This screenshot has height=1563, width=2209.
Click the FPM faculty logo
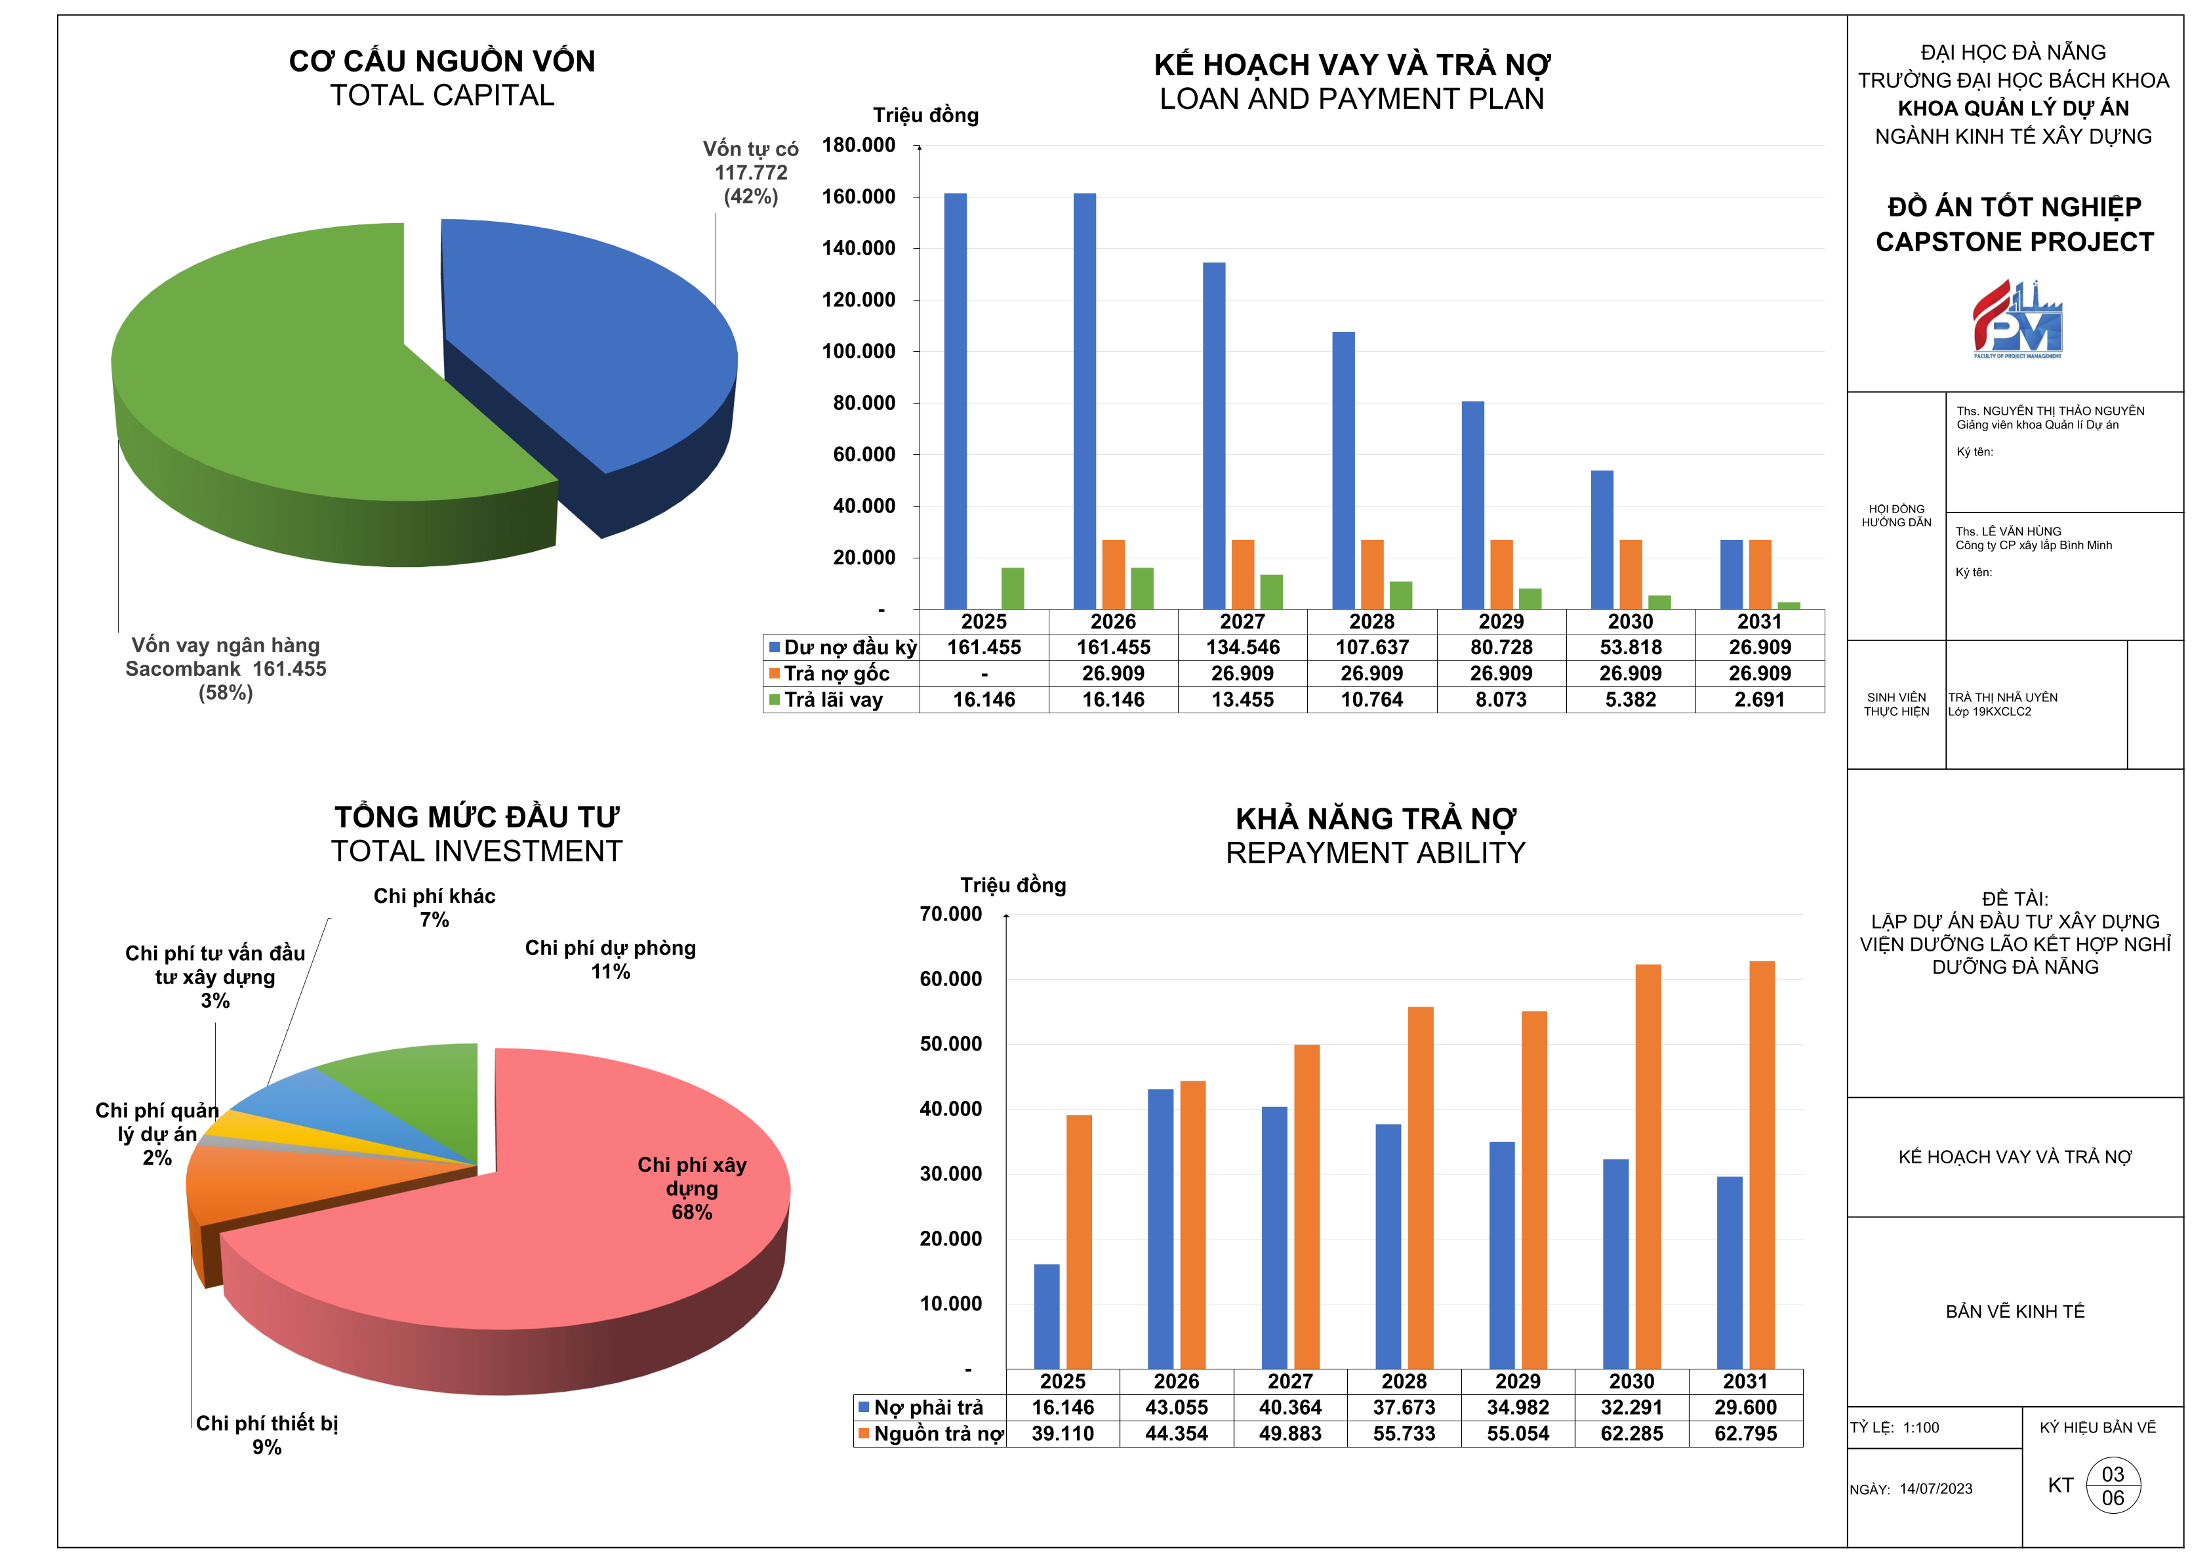pyautogui.click(x=2017, y=320)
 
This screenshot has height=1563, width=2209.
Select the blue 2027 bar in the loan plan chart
pyautogui.click(x=1214, y=435)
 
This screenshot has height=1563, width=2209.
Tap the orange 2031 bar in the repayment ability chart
pyautogui.click(x=1762, y=1165)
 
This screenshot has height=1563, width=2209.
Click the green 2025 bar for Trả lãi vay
pyautogui.click(x=1012, y=588)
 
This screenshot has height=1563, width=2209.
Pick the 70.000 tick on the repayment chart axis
pyautogui.click(x=950, y=914)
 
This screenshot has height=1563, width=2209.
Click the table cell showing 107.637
pyautogui.click(x=1372, y=648)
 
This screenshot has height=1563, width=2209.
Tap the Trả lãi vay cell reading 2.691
pyautogui.click(x=1760, y=699)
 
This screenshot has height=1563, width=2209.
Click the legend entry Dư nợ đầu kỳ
pyautogui.click(x=842, y=648)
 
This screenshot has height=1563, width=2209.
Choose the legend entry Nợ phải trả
pyautogui.click(x=921, y=1408)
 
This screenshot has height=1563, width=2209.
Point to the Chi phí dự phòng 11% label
pyautogui.click(x=610, y=959)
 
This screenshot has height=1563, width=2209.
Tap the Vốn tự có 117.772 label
pyautogui.click(x=750, y=173)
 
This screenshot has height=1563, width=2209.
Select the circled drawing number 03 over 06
pyautogui.click(x=2113, y=1486)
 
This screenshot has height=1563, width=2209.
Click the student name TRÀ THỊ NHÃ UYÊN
pyautogui.click(x=2003, y=698)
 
